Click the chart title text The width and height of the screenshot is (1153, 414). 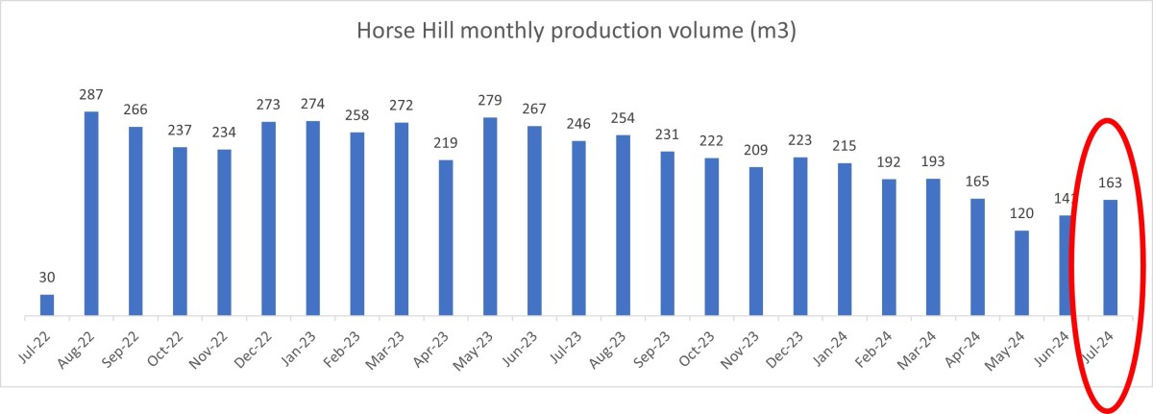[576, 31]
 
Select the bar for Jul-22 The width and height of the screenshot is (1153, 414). [47, 304]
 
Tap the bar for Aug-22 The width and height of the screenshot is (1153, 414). [91, 213]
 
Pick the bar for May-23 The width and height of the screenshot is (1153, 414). [490, 216]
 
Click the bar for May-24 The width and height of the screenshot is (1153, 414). [1022, 273]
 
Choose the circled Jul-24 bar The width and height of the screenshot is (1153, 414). [1111, 257]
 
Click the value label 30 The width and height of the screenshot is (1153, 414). [47, 279]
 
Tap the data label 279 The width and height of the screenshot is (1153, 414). [490, 102]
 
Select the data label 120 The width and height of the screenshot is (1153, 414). [1022, 214]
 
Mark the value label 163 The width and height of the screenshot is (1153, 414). [1111, 183]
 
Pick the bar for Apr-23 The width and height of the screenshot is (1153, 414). [446, 237]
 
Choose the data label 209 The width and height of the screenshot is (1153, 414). [756, 151]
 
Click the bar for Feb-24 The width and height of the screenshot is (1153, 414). [889, 247]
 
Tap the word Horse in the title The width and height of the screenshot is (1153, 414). [384, 31]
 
